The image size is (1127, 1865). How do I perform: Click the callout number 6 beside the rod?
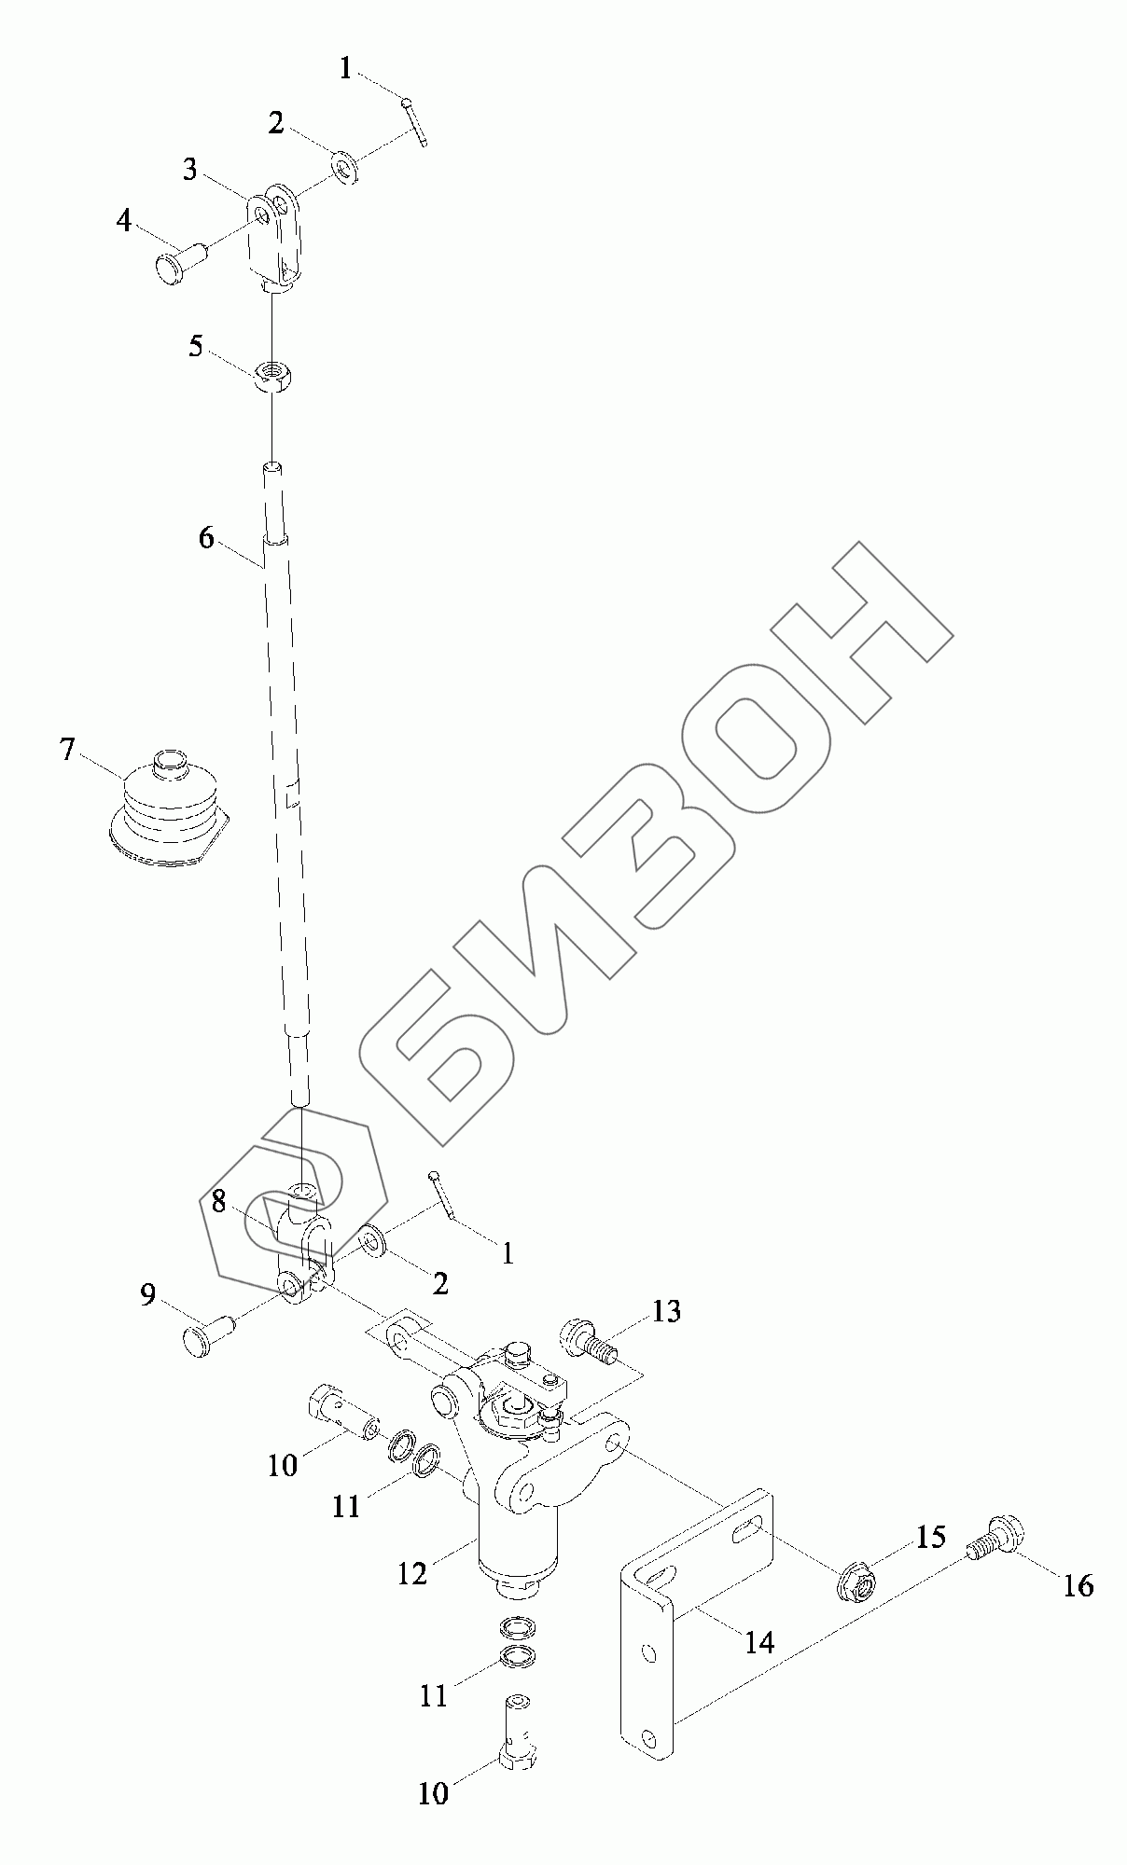tap(206, 538)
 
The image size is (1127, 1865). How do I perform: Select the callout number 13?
tap(666, 1311)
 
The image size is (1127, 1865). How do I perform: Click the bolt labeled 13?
tap(585, 1342)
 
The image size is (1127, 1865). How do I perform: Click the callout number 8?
tap(218, 1202)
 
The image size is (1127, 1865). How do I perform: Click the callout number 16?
tap(1078, 1585)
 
